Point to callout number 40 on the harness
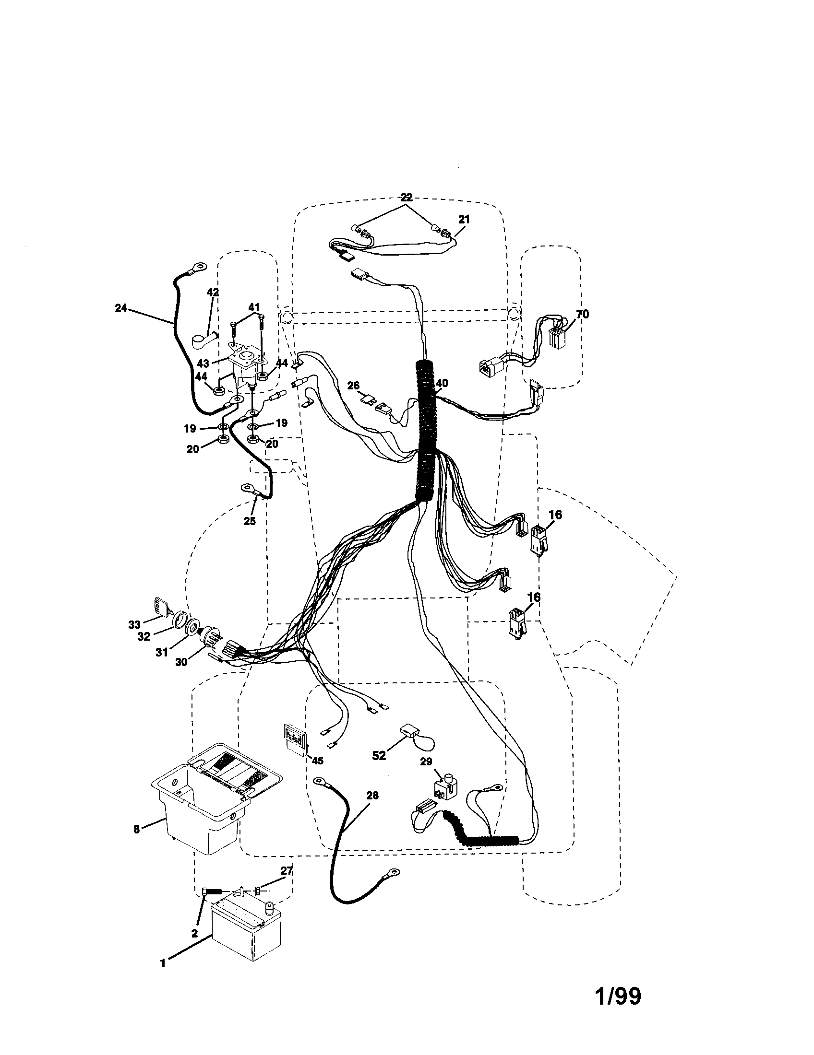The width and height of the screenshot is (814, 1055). [442, 383]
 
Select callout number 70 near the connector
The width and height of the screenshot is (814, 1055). [583, 314]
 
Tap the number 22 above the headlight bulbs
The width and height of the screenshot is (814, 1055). [406, 197]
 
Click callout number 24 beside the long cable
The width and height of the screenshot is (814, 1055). [121, 308]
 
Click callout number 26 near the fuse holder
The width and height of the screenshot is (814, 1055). [354, 386]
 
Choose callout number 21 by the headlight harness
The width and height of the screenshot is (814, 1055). [464, 219]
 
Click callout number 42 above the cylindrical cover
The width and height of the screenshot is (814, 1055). [213, 293]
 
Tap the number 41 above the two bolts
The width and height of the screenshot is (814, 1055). [254, 307]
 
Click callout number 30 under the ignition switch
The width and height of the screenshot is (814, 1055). [181, 662]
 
